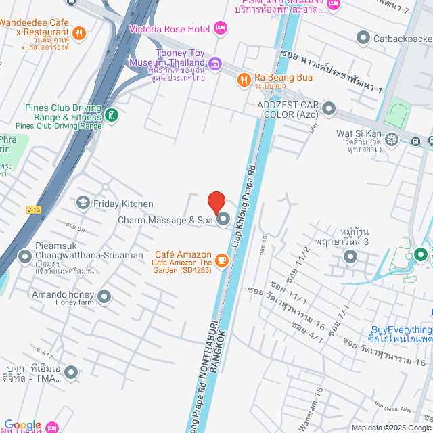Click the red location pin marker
click(216, 202)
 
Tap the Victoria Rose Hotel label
click(170, 29)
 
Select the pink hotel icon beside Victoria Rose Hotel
click(220, 28)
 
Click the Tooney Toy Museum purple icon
click(215, 64)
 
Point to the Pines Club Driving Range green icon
click(112, 116)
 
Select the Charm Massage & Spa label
click(165, 220)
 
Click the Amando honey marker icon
click(104, 296)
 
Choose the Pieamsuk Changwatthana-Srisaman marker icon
click(25, 256)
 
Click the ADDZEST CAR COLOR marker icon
click(329, 108)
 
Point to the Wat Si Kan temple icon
click(392, 133)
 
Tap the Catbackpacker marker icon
click(364, 39)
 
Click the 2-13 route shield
click(35, 210)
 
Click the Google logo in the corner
click(22, 425)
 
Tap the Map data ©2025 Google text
click(390, 427)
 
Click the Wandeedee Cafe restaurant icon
click(79, 32)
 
